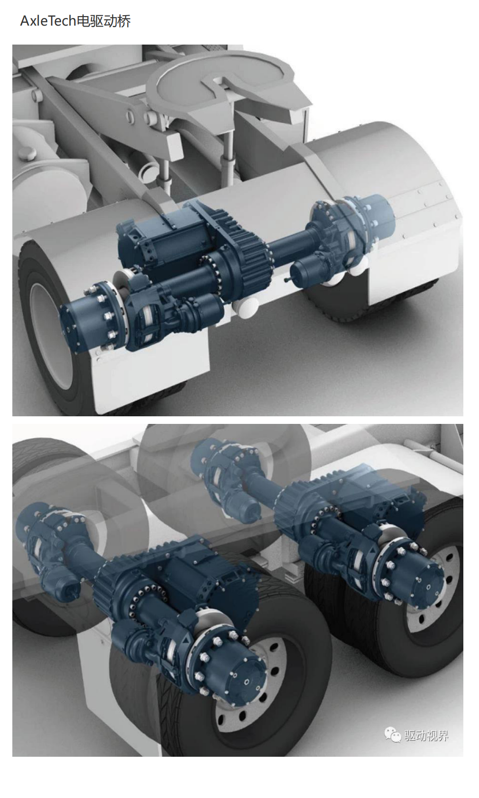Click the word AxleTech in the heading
[48, 21]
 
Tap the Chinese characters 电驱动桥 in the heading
[104, 21]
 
